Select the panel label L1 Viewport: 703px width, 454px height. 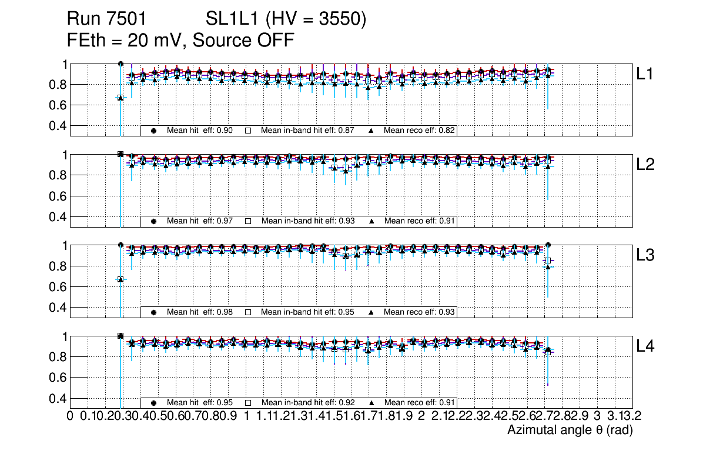tap(645, 74)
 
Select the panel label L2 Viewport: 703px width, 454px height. tap(645, 165)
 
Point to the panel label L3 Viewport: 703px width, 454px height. tap(645, 255)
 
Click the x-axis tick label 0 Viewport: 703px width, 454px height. tap(71, 416)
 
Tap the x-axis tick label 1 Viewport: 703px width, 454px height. tap(246, 416)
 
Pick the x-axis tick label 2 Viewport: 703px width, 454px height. tap(421, 416)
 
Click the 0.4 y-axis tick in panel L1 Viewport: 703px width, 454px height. tap(59, 126)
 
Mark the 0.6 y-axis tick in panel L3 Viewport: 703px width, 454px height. tap(59, 287)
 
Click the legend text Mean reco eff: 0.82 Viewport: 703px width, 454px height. tap(420, 131)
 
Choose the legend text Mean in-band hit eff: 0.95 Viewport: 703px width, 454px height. tap(307, 312)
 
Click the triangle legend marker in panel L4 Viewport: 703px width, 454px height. tap(372, 403)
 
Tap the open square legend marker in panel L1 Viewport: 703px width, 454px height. tap(248, 131)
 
